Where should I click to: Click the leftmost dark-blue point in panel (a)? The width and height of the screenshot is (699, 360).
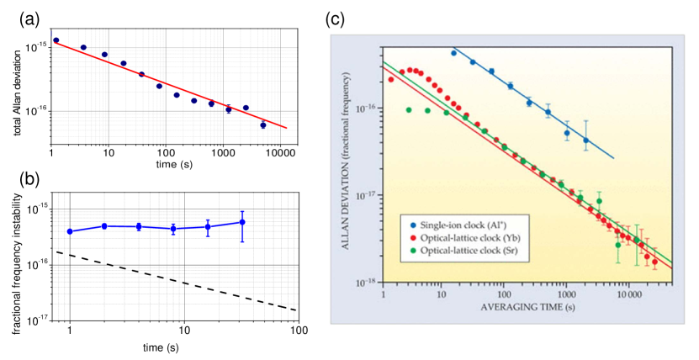[56, 40]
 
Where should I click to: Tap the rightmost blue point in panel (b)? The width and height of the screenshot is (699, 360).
[242, 222]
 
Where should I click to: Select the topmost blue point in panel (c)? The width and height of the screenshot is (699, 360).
[453, 53]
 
